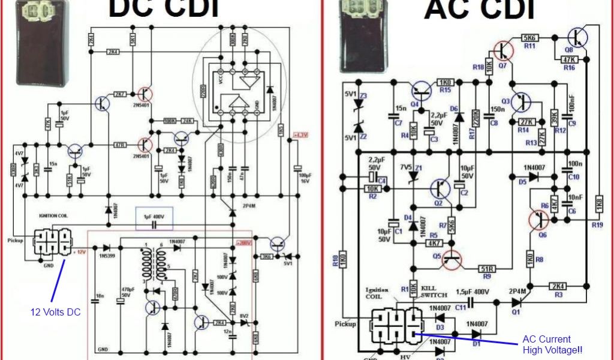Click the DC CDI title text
tap(162, 8)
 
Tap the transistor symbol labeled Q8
tap(578, 37)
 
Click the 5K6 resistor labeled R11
tap(530, 37)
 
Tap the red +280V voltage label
tap(242, 243)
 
